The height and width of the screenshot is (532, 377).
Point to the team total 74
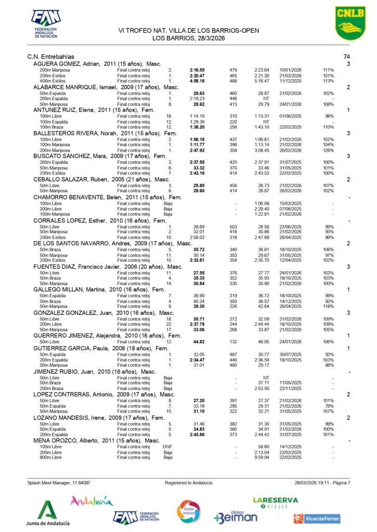click(x=347, y=57)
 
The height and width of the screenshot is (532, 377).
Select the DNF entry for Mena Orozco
click(x=167, y=446)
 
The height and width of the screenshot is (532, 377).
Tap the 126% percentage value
click(x=328, y=150)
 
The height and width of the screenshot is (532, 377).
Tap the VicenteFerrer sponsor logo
click(x=317, y=518)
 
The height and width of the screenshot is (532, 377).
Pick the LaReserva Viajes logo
click(x=275, y=502)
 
